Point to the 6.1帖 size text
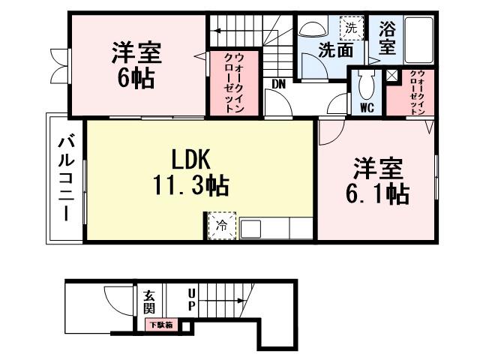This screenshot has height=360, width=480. tap(376, 193)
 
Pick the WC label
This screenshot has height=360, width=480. tap(367, 107)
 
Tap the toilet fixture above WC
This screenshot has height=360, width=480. tap(367, 85)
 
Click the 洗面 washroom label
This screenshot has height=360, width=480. tap(334, 50)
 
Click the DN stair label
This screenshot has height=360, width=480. tap(278, 84)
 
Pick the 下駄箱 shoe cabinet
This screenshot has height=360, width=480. tap(159, 325)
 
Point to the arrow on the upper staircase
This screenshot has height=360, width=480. tap(217, 31)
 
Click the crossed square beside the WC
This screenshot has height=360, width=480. tap(392, 74)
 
